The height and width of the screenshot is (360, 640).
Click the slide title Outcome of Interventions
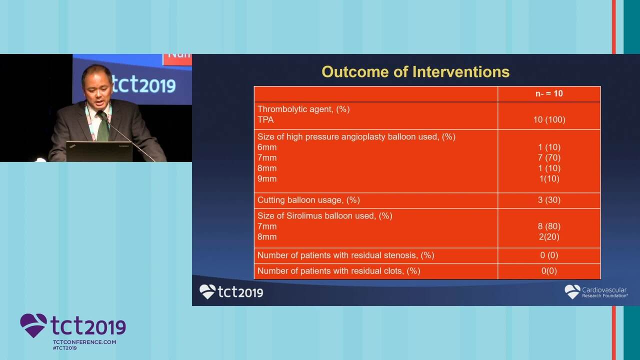coord(415,71)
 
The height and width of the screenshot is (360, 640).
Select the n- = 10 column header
coord(549,93)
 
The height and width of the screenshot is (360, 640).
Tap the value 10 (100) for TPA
coord(549,119)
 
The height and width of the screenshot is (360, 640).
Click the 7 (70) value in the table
coord(549,157)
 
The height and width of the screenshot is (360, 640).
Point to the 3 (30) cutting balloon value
coord(549,200)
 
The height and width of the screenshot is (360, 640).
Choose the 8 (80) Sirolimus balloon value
coord(549,226)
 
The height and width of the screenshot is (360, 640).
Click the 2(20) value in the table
coord(549,237)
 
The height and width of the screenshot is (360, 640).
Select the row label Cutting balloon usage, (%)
coord(308,200)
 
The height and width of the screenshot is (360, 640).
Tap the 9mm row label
coord(267,179)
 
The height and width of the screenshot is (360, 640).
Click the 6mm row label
coord(267,147)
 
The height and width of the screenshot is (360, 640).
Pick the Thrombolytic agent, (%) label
coord(303,109)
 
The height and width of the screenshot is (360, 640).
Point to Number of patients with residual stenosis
coord(345,255)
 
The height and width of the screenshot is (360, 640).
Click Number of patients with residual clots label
coord(339,271)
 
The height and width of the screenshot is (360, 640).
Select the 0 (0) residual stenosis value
coord(549,255)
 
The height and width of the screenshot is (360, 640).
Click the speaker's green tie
coord(103,127)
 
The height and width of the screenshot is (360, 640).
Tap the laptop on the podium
coord(99,151)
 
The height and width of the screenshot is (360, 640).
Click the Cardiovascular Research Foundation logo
coord(596,292)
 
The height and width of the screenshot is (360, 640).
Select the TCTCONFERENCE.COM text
coord(84,342)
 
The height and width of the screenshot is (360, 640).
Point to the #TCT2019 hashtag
coord(65,348)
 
